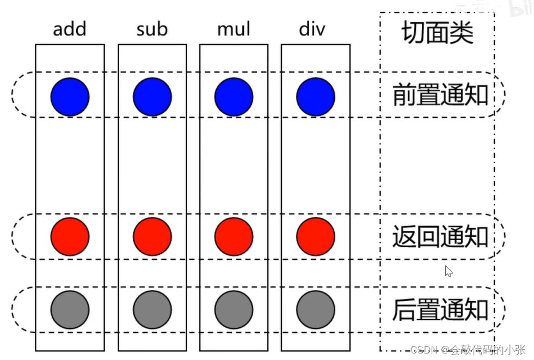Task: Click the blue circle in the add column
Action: pos(70,96)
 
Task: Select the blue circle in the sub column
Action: pos(152,96)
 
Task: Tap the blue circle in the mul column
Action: pos(234,96)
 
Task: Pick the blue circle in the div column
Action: pos(316,96)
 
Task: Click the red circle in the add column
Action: pos(70,236)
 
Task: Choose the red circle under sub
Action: pos(152,236)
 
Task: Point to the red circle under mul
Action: pos(234,236)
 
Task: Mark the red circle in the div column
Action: pos(316,236)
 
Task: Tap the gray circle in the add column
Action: pos(70,309)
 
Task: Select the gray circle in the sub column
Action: pos(152,309)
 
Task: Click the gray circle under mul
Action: pos(234,309)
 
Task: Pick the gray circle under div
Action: pos(316,309)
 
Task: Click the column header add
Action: pos(70,29)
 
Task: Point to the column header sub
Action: pos(152,29)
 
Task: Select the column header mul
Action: pos(234,29)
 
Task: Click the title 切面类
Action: pos(438,33)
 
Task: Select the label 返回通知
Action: pos(440,237)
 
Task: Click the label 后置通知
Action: pos(440,310)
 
